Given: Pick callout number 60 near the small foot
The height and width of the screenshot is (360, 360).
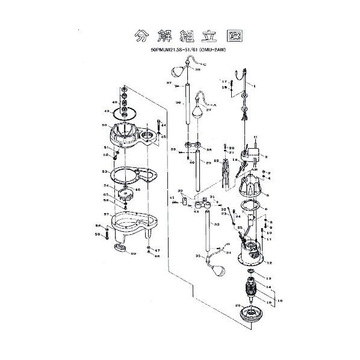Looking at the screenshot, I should coord(134,254).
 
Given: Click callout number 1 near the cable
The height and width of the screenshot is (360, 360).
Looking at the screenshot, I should coord(254,86).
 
